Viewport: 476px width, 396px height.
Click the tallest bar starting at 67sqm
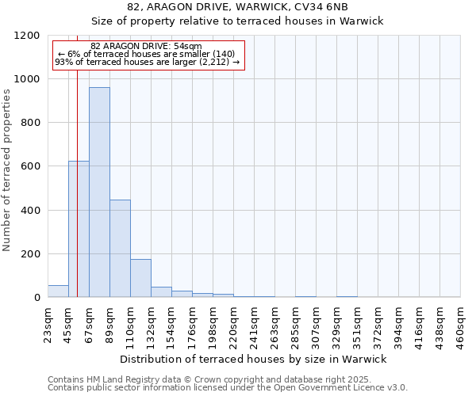tap(99, 192)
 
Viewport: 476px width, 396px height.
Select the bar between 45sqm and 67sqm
tap(79, 229)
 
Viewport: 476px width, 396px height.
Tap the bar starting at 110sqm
tap(140, 278)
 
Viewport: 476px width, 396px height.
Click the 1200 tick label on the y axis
tap(27, 36)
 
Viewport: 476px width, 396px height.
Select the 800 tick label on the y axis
tap(30, 123)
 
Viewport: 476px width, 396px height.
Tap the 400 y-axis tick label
tap(30, 211)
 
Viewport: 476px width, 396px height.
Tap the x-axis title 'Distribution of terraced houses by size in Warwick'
tap(254, 359)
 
